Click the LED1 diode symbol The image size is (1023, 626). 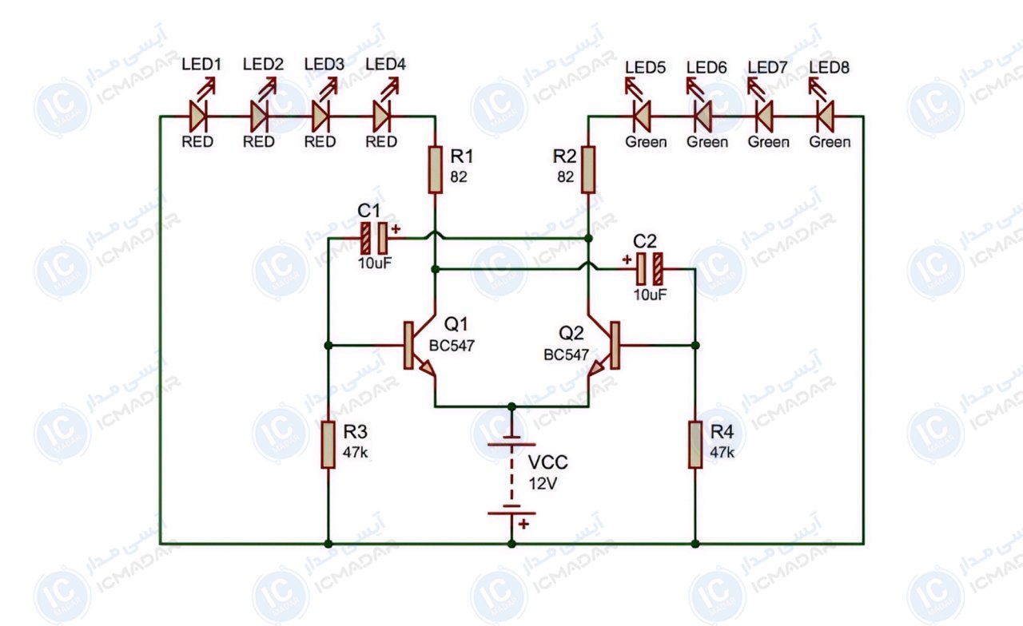pos(198,117)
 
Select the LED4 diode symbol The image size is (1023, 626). pos(382,117)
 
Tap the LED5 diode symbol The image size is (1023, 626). pos(642,117)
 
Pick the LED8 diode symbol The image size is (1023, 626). pos(826,117)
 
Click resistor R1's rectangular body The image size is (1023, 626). pos(436,170)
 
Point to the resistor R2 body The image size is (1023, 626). pos(588,170)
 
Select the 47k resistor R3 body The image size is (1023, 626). pos(328,445)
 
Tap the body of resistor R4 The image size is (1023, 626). pos(695,445)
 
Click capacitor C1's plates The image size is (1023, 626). pos(374,238)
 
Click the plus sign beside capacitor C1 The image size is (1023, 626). pos(396,229)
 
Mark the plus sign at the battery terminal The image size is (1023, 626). pos(523,524)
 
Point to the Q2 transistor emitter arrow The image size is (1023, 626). pos(596,368)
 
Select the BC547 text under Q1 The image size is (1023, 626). pos(452,346)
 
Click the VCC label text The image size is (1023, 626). pos(548,462)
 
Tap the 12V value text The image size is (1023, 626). pos(543,484)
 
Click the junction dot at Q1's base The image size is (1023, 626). pos(328,346)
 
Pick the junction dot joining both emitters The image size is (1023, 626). pos(511,406)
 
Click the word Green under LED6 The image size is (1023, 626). pos(707,142)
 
